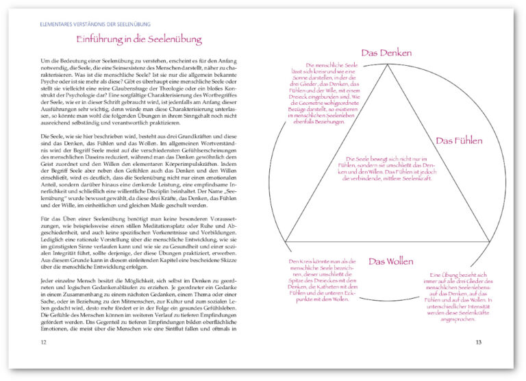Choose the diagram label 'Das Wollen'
click(x=388, y=262)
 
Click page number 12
click(x=44, y=341)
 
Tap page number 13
click(x=479, y=341)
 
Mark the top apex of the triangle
click(x=389, y=65)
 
